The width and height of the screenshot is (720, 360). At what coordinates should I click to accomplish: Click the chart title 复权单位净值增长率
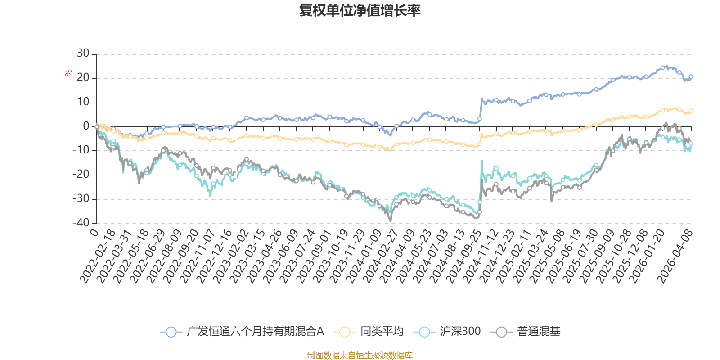[x=360, y=10]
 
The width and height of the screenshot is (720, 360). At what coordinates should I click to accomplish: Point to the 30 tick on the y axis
[x=83, y=54]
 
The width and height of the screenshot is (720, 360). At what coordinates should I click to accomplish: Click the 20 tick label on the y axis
[x=83, y=78]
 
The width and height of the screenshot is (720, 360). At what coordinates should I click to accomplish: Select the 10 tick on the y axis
[x=83, y=102]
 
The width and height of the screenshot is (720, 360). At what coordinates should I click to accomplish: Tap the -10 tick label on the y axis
[x=81, y=150]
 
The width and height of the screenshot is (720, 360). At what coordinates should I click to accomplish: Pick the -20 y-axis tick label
[x=81, y=175]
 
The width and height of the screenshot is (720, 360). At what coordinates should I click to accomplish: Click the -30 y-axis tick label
[x=81, y=199]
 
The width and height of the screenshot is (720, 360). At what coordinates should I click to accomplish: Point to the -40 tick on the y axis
[x=81, y=223]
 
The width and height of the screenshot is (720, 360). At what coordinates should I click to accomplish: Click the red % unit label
[x=68, y=73]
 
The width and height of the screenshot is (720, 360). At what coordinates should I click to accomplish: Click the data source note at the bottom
[x=360, y=355]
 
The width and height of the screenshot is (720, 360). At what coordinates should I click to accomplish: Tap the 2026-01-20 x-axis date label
[x=647, y=256]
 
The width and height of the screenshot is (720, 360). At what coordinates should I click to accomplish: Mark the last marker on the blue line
[x=691, y=77]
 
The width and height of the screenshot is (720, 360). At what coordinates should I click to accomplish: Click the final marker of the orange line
[x=691, y=111]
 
